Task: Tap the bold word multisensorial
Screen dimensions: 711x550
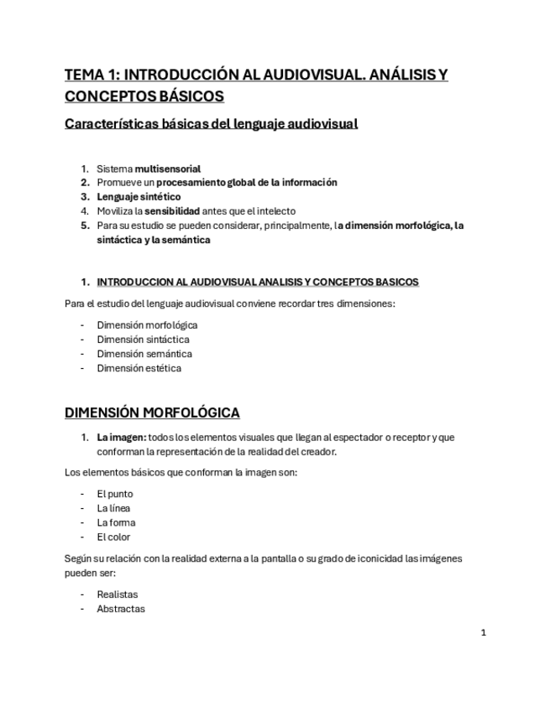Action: click(x=167, y=169)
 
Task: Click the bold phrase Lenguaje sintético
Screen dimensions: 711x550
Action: click(x=139, y=197)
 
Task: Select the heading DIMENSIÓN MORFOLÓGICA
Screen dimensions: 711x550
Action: click(x=152, y=413)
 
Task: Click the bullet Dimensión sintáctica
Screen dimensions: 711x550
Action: click(x=143, y=340)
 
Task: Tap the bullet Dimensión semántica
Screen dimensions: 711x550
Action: click(x=144, y=354)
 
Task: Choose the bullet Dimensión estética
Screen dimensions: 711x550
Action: click(x=139, y=368)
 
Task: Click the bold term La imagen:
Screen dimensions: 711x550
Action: click(x=121, y=437)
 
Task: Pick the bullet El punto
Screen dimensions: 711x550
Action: click(x=114, y=494)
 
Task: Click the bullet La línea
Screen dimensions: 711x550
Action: click(x=113, y=508)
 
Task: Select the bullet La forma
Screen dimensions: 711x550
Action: click(x=116, y=522)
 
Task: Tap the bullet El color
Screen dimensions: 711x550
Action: click(x=113, y=537)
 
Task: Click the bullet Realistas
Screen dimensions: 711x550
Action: click(x=117, y=594)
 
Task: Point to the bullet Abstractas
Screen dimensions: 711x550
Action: click(x=120, y=609)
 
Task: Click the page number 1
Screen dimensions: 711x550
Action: click(x=484, y=633)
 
